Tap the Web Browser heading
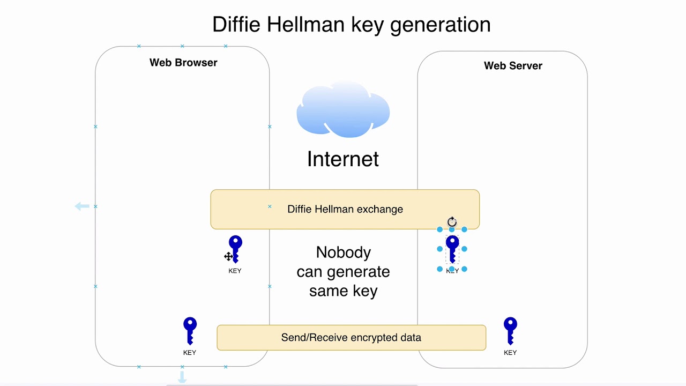click(x=183, y=62)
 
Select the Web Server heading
click(x=513, y=65)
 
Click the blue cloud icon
click(x=343, y=110)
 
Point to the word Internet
click(x=343, y=159)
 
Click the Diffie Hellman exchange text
click(x=345, y=209)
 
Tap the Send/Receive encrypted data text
click(x=351, y=338)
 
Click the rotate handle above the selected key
click(x=452, y=221)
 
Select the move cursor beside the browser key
click(x=228, y=256)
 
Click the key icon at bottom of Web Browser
click(x=190, y=330)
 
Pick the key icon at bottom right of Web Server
click(x=510, y=330)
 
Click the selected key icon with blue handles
click(x=452, y=249)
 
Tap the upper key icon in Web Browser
click(x=235, y=249)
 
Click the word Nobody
click(x=343, y=252)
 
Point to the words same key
click(x=343, y=291)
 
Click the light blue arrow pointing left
click(x=82, y=206)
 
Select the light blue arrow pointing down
click(x=182, y=378)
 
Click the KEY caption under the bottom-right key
click(x=510, y=352)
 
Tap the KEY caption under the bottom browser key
click(x=190, y=352)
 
